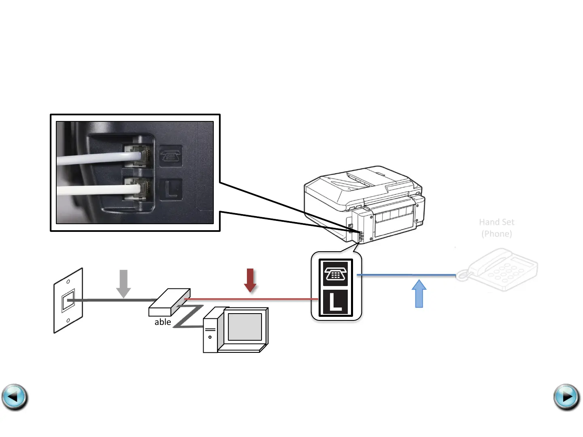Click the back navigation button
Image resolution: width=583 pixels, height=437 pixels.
tap(15, 397)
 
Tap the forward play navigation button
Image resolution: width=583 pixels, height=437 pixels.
tap(566, 397)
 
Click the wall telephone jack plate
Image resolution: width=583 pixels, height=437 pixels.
tap(68, 301)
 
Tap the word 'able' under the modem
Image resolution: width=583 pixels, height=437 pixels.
tap(163, 322)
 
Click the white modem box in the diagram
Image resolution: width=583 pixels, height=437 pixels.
tap(169, 302)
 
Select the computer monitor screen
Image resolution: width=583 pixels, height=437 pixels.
tap(245, 327)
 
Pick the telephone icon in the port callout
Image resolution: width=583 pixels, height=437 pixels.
tap(335, 274)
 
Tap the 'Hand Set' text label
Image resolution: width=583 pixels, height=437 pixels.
tap(496, 222)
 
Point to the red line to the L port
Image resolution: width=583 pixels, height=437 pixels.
tap(251, 299)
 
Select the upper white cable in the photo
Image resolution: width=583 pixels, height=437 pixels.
tap(97, 158)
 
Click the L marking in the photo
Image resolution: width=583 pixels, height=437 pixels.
tap(171, 189)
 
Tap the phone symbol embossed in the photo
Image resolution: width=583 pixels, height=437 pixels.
tap(171, 156)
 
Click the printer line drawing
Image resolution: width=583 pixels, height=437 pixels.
tap(364, 202)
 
